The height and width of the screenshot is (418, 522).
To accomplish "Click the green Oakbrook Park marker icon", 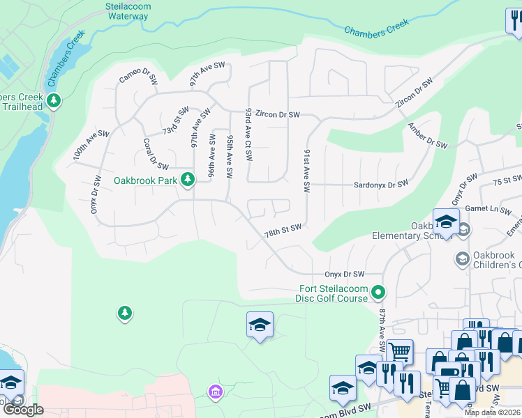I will [187, 180].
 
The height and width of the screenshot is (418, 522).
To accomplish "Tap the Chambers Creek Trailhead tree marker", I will [54, 102].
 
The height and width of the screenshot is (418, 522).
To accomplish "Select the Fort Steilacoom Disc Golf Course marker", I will [378, 291].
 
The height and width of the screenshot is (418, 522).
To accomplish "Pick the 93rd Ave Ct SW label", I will [248, 133].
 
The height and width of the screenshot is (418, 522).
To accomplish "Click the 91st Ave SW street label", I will [306, 170].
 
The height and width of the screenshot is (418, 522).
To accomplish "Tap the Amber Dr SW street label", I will [427, 137].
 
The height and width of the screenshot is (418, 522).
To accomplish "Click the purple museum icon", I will [215, 394].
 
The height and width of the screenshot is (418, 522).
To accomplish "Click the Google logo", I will [22, 410].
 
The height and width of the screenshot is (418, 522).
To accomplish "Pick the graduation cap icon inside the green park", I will [260, 325].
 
